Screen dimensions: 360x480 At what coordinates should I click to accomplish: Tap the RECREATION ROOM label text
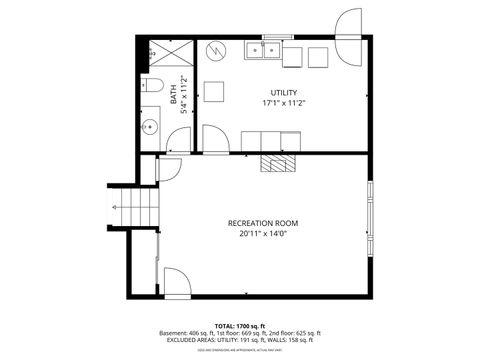(263, 223)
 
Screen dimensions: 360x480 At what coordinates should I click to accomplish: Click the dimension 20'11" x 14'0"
(263, 234)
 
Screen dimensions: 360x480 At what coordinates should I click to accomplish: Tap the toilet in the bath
(152, 87)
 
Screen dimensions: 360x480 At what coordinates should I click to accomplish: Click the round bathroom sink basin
(150, 126)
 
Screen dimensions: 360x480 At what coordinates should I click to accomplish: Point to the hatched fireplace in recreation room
(277, 164)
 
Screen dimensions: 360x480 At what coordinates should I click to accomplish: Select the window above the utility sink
(277, 37)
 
